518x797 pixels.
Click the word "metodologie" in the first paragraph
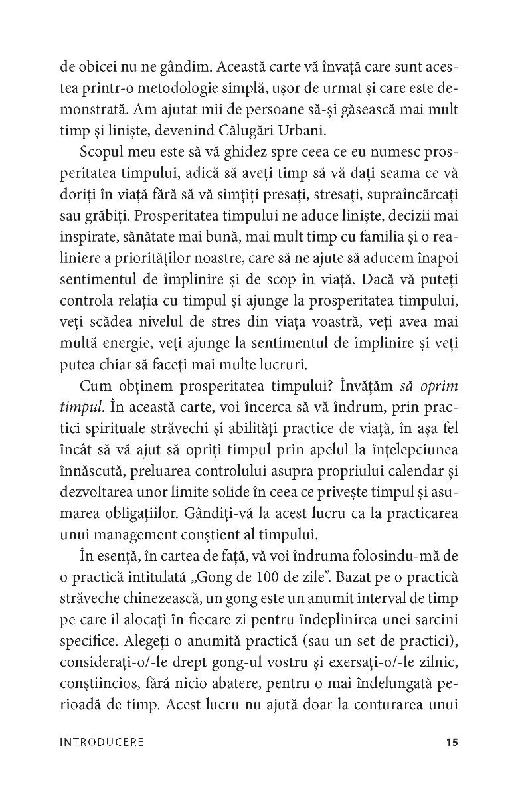193,90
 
